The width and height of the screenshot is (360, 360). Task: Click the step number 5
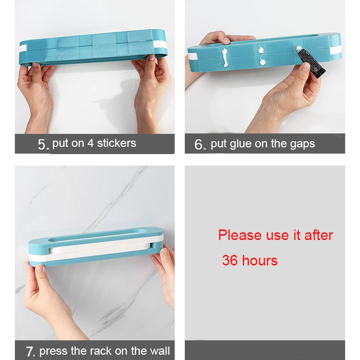click(x=43, y=144)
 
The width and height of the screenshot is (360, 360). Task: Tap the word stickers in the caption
click(x=117, y=143)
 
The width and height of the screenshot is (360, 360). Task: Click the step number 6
click(x=200, y=144)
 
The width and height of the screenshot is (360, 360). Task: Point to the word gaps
click(x=302, y=144)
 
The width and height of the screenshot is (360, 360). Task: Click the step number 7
click(x=30, y=351)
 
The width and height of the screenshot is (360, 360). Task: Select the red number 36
click(x=230, y=260)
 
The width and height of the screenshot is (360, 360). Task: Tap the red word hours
click(x=260, y=260)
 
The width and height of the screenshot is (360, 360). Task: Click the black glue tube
click(x=311, y=62)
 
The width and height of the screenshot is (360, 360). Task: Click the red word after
click(x=319, y=235)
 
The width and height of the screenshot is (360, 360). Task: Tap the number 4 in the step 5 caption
click(x=90, y=143)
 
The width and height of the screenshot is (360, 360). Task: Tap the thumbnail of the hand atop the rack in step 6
click(x=226, y=41)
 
